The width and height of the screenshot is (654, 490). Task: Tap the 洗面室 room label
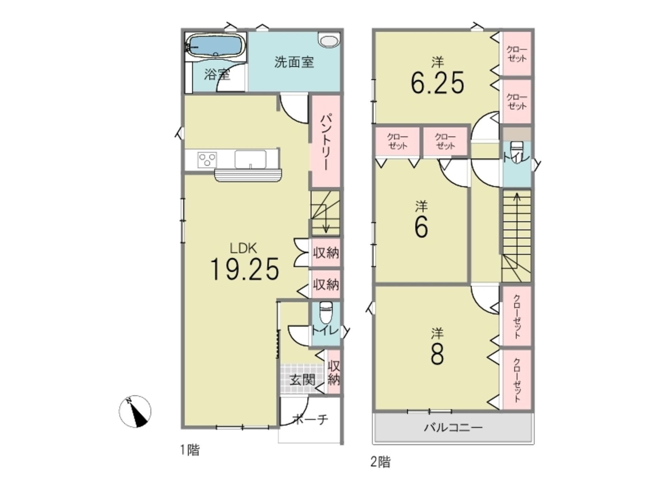tap(294, 63)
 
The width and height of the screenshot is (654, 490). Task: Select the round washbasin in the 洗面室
tap(328, 41)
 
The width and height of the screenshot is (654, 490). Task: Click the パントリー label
tap(326, 142)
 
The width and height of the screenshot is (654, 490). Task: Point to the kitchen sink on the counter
tap(250, 159)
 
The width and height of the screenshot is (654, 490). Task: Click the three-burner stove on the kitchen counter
tap(207, 160)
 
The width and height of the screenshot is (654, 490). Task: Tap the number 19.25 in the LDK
tap(244, 270)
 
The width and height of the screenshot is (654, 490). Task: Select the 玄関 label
tap(302, 380)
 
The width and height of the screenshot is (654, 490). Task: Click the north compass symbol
tap(135, 412)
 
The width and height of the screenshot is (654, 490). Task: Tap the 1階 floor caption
tap(190, 450)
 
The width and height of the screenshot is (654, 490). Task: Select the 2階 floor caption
tap(380, 462)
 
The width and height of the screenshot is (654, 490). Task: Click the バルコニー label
tap(453, 427)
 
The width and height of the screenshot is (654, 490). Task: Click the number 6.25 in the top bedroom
tap(437, 83)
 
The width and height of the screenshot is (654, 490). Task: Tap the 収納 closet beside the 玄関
tap(334, 372)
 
